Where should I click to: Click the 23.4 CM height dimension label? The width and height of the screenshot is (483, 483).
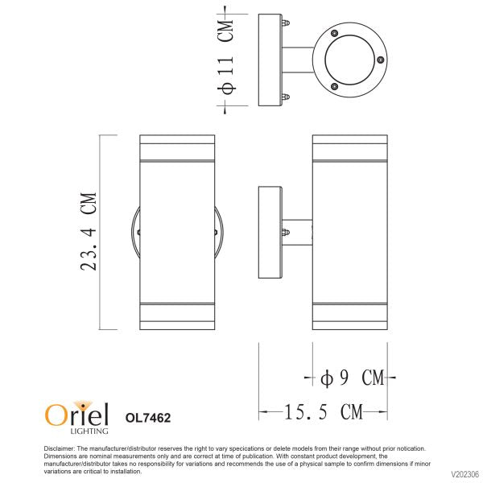pos(89,232)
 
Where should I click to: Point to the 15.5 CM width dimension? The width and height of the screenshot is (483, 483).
pos(323,412)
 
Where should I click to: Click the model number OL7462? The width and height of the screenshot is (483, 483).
pos(148,418)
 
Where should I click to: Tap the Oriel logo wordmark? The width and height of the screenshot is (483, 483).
pos(76,414)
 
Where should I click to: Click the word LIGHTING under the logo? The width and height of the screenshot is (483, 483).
pos(89,431)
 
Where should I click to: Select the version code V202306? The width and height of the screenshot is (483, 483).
pos(465,474)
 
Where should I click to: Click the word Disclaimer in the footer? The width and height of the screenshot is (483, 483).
pos(59,448)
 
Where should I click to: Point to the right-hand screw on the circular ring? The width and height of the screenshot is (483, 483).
pos(381,60)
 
